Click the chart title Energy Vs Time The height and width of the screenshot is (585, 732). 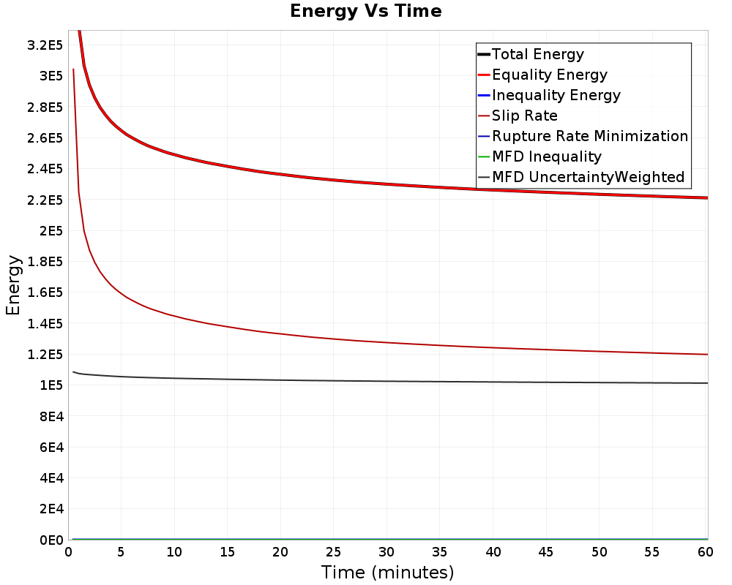point(365,11)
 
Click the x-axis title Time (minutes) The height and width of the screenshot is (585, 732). point(387,572)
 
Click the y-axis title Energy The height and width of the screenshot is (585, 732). point(13,285)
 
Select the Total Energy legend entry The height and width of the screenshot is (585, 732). point(531,54)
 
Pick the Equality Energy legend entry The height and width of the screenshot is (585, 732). point(543,75)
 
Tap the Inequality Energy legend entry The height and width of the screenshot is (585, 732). point(550,95)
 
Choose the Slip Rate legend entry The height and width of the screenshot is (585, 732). point(518,116)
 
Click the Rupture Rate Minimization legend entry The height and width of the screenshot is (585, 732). point(583,136)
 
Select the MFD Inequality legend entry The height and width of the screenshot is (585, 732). point(539,156)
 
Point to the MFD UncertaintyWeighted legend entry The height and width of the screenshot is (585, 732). point(581,177)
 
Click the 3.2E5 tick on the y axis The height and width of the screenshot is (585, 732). point(45,45)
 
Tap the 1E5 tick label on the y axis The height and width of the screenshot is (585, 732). point(51,385)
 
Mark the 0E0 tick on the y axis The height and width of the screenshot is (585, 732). point(51,540)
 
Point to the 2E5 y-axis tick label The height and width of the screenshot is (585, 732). point(51,231)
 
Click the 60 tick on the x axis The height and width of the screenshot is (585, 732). point(706,552)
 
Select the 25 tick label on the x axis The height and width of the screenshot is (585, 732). point(333,552)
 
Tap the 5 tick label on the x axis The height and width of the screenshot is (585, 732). point(121,552)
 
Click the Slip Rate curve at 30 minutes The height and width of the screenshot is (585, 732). point(387,342)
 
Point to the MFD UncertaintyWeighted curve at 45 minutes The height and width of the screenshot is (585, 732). point(546,382)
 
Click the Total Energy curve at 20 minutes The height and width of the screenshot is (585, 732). point(280,175)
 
